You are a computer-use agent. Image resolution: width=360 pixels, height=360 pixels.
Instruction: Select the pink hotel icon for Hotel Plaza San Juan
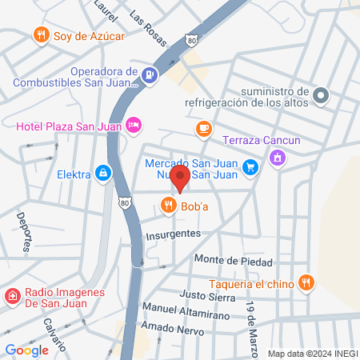[134, 124]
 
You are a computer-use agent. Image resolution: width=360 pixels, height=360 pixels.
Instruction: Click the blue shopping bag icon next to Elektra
[102, 172]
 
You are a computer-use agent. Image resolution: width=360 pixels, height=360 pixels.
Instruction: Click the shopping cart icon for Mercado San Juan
[251, 167]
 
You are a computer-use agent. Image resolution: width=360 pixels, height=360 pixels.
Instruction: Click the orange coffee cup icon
[204, 128]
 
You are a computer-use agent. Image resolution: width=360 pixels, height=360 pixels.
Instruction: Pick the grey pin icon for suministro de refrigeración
[320, 95]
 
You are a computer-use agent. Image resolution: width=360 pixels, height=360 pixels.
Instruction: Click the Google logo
[26, 350]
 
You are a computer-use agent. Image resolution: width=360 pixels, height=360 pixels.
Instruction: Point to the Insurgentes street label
[173, 234]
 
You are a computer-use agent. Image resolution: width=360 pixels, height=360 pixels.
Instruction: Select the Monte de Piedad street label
[233, 261]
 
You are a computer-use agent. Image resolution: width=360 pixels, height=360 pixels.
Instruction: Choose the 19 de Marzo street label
[254, 318]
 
